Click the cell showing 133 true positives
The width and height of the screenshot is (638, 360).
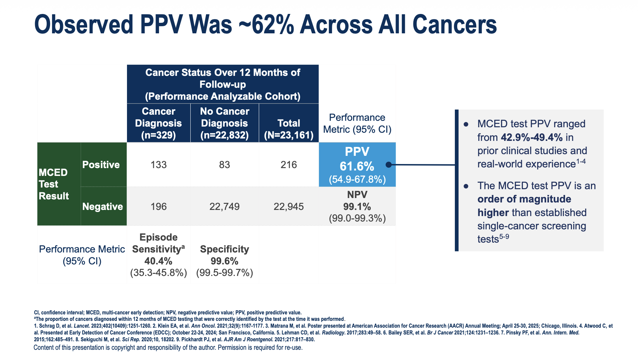[x=159, y=165]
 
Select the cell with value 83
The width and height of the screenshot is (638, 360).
[x=224, y=165]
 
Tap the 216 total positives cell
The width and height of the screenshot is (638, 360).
[x=289, y=165]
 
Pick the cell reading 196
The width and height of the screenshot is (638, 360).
[x=159, y=207]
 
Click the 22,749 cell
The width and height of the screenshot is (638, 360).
[x=224, y=207]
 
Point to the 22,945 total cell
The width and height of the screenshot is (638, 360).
[x=289, y=207]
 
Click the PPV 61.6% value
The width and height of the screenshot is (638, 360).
[x=357, y=166]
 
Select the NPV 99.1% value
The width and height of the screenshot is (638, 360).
[x=357, y=207]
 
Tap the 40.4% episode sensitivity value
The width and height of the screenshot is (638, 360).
[x=158, y=261]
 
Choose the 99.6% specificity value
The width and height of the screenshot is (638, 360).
[x=224, y=261]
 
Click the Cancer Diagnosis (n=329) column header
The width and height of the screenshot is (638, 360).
[x=159, y=123]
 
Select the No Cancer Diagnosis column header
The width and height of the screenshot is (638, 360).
[x=224, y=123]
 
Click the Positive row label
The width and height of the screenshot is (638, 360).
[x=101, y=165]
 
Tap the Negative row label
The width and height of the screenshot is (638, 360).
[x=102, y=207]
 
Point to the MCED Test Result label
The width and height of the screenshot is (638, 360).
[x=54, y=184]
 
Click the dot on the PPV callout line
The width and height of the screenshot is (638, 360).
[x=388, y=165]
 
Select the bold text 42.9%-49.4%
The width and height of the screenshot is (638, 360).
[x=531, y=137]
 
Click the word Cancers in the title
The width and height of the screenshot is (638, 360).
[x=454, y=24]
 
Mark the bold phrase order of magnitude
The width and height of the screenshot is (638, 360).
[x=524, y=199]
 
